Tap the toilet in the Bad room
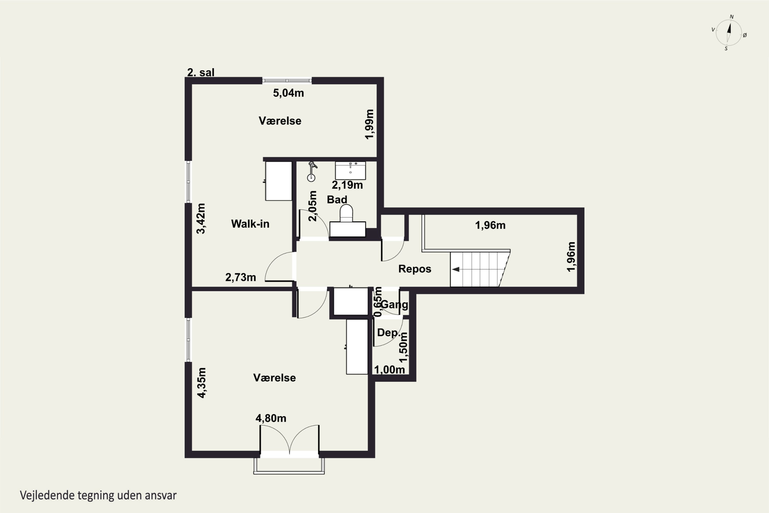point(347,213)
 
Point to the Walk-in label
point(250,224)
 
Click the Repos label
point(414,269)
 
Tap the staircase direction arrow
point(456,269)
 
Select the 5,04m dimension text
point(288,93)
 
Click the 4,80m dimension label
point(271,418)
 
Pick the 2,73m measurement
point(241,278)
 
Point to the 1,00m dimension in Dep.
point(389,370)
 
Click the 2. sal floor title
point(201,72)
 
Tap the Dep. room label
point(389,332)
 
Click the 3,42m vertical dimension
point(201,219)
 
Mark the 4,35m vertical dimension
point(202,383)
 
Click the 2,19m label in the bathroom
point(347,185)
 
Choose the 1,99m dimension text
point(369,124)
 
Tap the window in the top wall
point(287,81)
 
